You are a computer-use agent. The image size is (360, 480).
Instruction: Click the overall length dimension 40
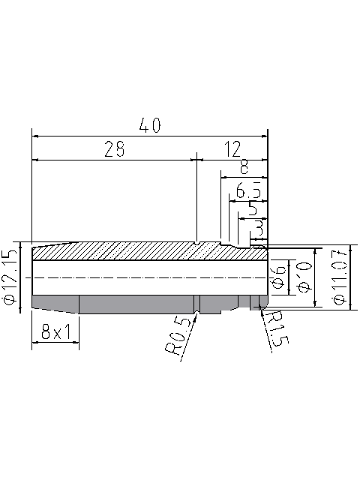click(150, 126)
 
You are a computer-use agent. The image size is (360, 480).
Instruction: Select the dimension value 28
click(114, 149)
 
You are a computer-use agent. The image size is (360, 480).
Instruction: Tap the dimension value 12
click(232, 149)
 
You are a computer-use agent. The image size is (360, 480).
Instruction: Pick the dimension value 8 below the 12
click(243, 167)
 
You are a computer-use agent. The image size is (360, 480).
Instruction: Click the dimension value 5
click(253, 208)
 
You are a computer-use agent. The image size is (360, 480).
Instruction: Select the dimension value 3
click(258, 225)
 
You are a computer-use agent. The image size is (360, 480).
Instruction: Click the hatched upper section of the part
click(135, 251)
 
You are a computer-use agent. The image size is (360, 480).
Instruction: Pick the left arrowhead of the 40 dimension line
click(34, 136)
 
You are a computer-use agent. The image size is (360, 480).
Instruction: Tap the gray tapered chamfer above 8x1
click(55, 303)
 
